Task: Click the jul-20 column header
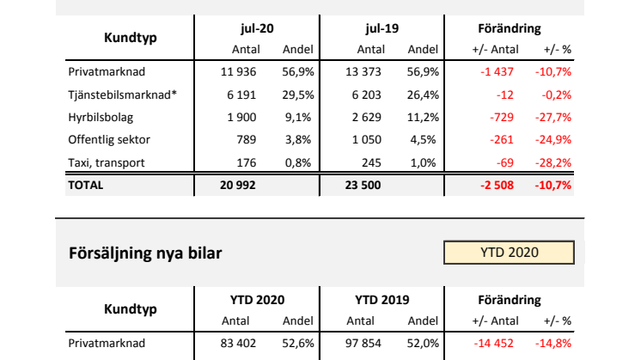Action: pyautogui.click(x=257, y=30)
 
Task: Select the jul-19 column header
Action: pyautogui.click(x=382, y=30)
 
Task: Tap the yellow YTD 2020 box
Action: pyautogui.click(x=509, y=253)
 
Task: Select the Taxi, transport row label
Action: pyautogui.click(x=105, y=162)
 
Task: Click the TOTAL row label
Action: pyautogui.click(x=85, y=184)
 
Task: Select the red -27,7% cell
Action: pyautogui.click(x=555, y=117)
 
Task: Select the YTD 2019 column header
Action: pyautogui.click(x=382, y=300)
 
